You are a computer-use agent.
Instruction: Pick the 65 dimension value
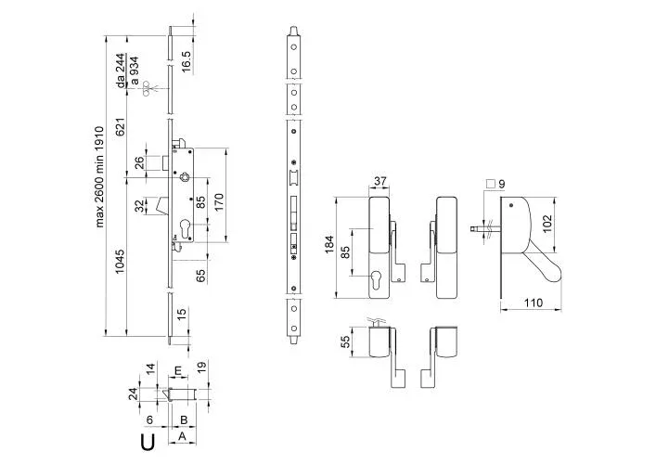click(199, 274)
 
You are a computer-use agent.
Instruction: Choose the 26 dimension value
click(138, 163)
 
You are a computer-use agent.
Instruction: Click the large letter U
click(148, 441)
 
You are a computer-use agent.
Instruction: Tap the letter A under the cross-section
click(182, 435)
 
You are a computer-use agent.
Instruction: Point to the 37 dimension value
click(379, 181)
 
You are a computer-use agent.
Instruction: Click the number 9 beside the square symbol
click(502, 184)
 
